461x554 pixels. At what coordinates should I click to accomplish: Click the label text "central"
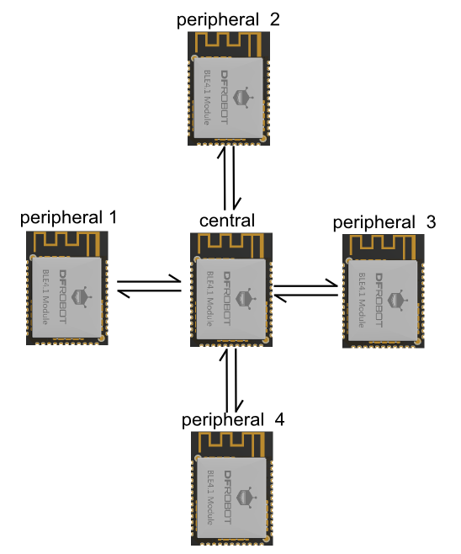point(227,221)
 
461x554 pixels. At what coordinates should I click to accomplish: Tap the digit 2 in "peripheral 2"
point(275,19)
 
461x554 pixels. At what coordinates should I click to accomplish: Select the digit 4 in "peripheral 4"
point(279,420)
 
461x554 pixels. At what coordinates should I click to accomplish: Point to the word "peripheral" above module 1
point(61,218)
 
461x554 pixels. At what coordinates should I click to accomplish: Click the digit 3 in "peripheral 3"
point(431,222)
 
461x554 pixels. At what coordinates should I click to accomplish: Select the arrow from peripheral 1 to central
point(149,280)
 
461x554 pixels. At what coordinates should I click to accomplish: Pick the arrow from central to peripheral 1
point(149,292)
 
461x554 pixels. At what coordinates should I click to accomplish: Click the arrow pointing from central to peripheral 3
point(305,284)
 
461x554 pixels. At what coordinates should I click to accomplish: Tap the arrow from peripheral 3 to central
point(305,296)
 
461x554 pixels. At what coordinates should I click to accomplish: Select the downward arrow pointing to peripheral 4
point(237,381)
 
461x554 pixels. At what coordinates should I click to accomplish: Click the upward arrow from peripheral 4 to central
point(225,381)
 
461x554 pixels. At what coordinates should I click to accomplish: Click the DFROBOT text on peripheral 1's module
point(63,296)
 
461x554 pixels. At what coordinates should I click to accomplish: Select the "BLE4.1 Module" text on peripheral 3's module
point(362,300)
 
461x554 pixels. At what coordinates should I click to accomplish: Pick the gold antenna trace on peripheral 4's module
point(232,444)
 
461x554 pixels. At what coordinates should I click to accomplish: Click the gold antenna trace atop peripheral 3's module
point(384,246)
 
